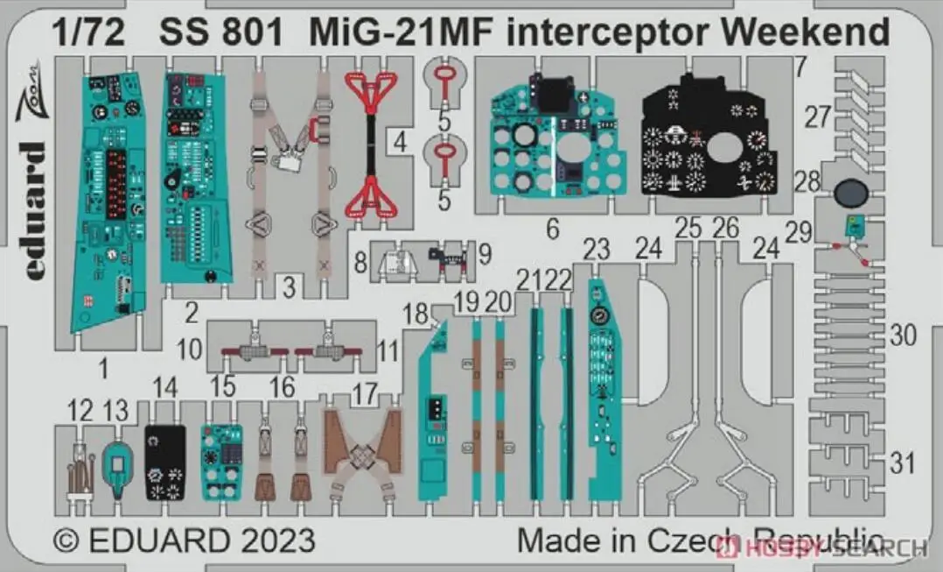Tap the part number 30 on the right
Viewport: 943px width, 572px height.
point(903,335)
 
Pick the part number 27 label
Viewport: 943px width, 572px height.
point(818,117)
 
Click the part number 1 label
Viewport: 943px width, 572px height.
point(102,370)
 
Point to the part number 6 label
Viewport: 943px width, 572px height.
point(552,230)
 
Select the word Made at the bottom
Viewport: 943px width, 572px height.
point(548,540)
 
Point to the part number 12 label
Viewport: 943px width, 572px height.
point(80,409)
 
